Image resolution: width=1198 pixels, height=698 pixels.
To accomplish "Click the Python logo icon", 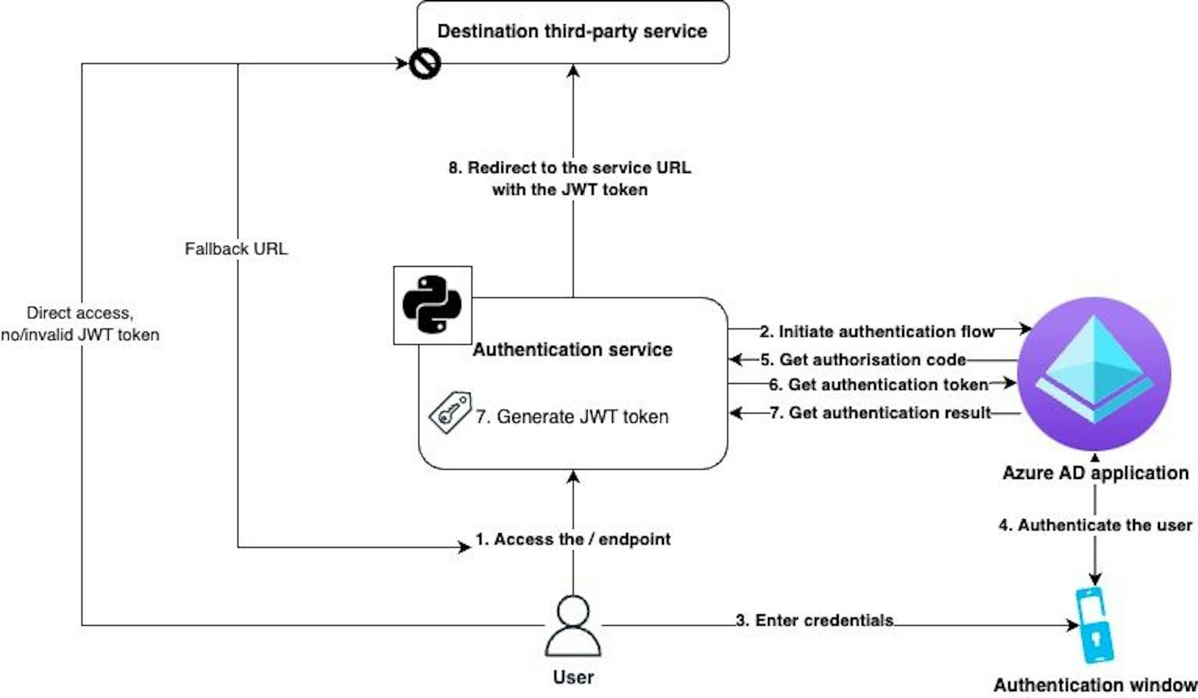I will coord(432,305).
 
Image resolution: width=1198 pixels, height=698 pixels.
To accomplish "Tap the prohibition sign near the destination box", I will coord(425,64).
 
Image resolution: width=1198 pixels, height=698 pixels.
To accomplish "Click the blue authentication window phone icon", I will coord(1095,625).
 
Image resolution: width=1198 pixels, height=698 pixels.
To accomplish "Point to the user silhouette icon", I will coord(573,626).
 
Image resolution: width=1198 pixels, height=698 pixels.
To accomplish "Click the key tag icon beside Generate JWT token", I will coord(450,412).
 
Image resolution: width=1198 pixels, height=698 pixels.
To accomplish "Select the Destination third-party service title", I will coord(572,31).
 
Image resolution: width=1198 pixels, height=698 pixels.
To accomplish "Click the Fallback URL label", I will coord(236,249).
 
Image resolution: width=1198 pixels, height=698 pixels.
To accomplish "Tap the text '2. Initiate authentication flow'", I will coord(877,332).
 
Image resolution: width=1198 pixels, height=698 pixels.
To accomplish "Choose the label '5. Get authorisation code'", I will coord(863,360).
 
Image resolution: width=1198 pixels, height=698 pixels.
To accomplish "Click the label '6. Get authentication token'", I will coord(879,385).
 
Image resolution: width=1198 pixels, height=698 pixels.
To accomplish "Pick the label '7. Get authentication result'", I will coord(880,413).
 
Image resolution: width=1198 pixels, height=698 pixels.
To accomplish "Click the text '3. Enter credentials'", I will coord(815,621).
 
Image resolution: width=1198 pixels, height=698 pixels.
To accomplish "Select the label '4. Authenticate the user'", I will coord(1095,525).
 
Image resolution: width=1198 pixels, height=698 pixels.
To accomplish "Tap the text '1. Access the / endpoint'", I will coord(573,539).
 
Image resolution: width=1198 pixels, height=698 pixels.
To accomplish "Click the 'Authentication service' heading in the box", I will coord(572,350).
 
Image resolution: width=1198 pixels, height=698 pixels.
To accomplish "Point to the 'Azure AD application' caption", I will coord(1095,473).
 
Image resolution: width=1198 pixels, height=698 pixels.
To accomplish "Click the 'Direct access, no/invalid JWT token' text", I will coord(80,324).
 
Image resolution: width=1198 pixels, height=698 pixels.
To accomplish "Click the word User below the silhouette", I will coord(573,677).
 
